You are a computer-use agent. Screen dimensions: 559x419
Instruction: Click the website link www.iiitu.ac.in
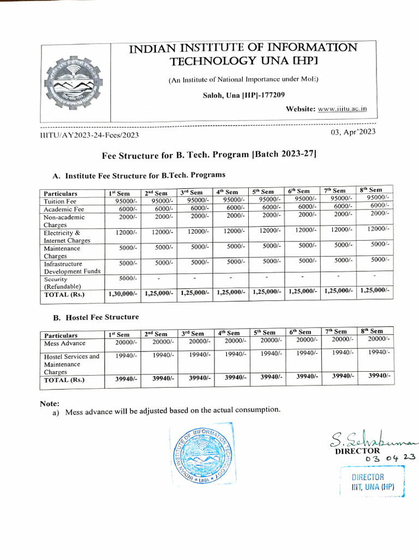[x=342, y=109]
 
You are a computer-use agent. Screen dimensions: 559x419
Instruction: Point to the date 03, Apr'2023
[x=353, y=132]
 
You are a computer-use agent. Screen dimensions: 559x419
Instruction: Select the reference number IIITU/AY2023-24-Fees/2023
[x=89, y=134]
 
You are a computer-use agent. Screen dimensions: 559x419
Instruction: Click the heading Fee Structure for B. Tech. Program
[x=209, y=155]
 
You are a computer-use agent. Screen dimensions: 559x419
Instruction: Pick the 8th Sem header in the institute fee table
[x=372, y=189]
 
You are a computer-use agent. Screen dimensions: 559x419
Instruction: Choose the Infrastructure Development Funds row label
[x=71, y=267]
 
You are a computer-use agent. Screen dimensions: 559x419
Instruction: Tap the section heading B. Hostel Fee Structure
[x=95, y=317]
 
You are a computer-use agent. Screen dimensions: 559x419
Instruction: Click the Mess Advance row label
[x=65, y=343]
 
